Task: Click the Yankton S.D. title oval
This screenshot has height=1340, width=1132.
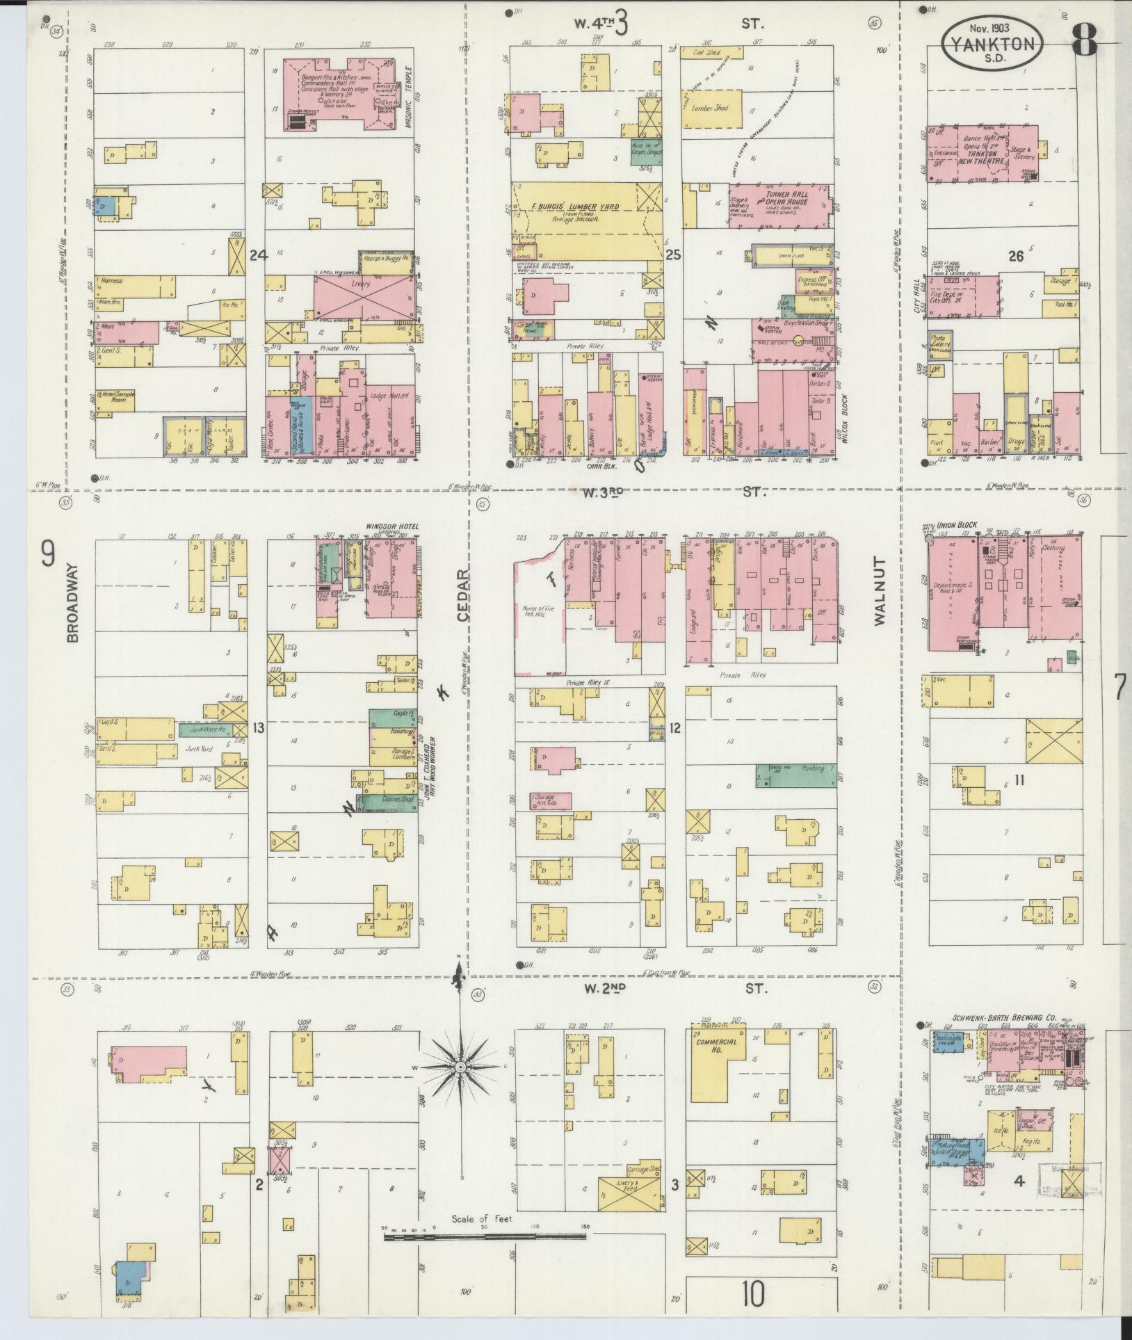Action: (992, 44)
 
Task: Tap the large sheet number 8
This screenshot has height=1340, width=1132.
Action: (1085, 42)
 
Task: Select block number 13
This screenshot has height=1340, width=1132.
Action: (259, 728)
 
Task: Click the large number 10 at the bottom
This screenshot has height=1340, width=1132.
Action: (753, 1295)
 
